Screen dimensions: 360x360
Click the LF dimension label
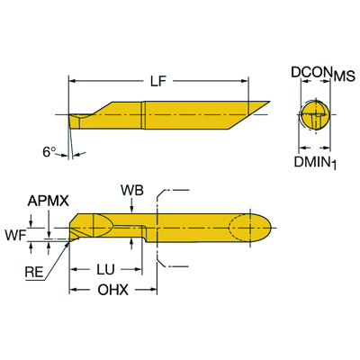click(158, 81)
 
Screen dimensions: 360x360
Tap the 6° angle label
click(49, 152)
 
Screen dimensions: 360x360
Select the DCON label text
click(311, 72)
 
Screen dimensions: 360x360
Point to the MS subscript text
click(345, 76)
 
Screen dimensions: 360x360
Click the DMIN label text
click(312, 162)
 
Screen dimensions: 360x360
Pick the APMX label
click(49, 201)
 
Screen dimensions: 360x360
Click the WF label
click(15, 236)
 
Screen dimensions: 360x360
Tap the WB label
click(132, 190)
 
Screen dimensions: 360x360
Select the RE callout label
click(34, 272)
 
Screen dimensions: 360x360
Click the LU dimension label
click(105, 269)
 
